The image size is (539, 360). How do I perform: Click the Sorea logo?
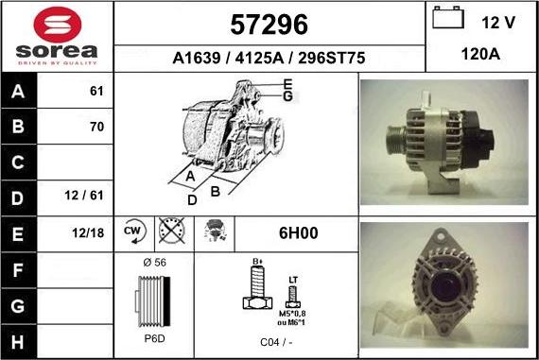point(57,36)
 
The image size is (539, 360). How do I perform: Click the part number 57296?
point(269,23)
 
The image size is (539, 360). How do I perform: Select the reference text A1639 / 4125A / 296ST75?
point(269,58)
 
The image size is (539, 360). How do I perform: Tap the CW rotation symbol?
point(133,231)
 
